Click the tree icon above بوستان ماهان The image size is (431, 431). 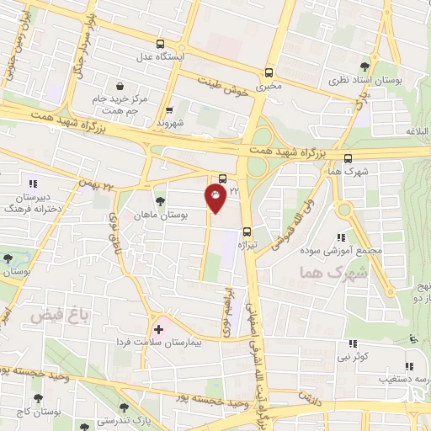pyautogui.click(x=160, y=200)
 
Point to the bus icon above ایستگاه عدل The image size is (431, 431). pyautogui.click(x=161, y=45)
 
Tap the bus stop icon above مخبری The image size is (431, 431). pyautogui.click(x=269, y=72)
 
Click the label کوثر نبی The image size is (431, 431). pyautogui.click(x=351, y=358)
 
